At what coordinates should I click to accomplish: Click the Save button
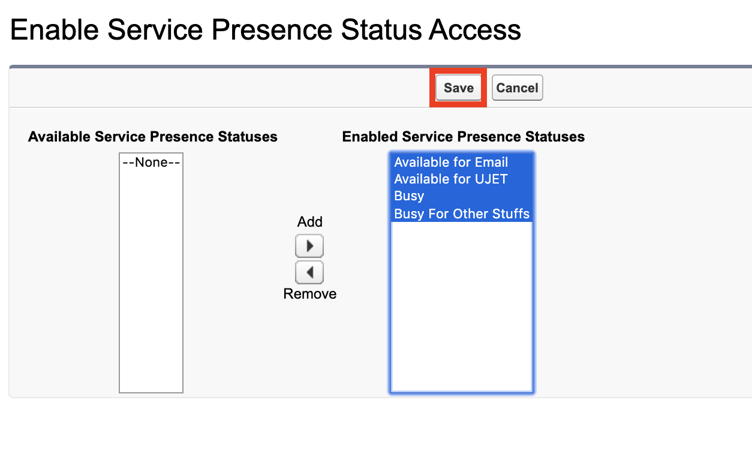pos(458,88)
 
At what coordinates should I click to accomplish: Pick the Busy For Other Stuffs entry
pos(462,214)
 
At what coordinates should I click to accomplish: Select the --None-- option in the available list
pos(151,162)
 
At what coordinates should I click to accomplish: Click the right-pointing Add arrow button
pos(309,246)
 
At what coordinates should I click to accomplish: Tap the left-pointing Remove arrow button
pos(309,272)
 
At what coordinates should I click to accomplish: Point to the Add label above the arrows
pos(309,222)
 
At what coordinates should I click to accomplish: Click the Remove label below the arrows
pos(309,294)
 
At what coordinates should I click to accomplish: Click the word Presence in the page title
pos(272,29)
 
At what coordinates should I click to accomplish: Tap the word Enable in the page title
pos(55,29)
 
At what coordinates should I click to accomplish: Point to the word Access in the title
pos(475,29)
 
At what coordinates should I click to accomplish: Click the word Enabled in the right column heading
pos(370,137)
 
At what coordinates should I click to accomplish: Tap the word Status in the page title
pos(381,29)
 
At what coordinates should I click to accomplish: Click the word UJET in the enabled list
pos(491,179)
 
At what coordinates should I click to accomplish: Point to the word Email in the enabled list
pos(491,162)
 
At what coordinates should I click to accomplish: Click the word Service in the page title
pos(155,29)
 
